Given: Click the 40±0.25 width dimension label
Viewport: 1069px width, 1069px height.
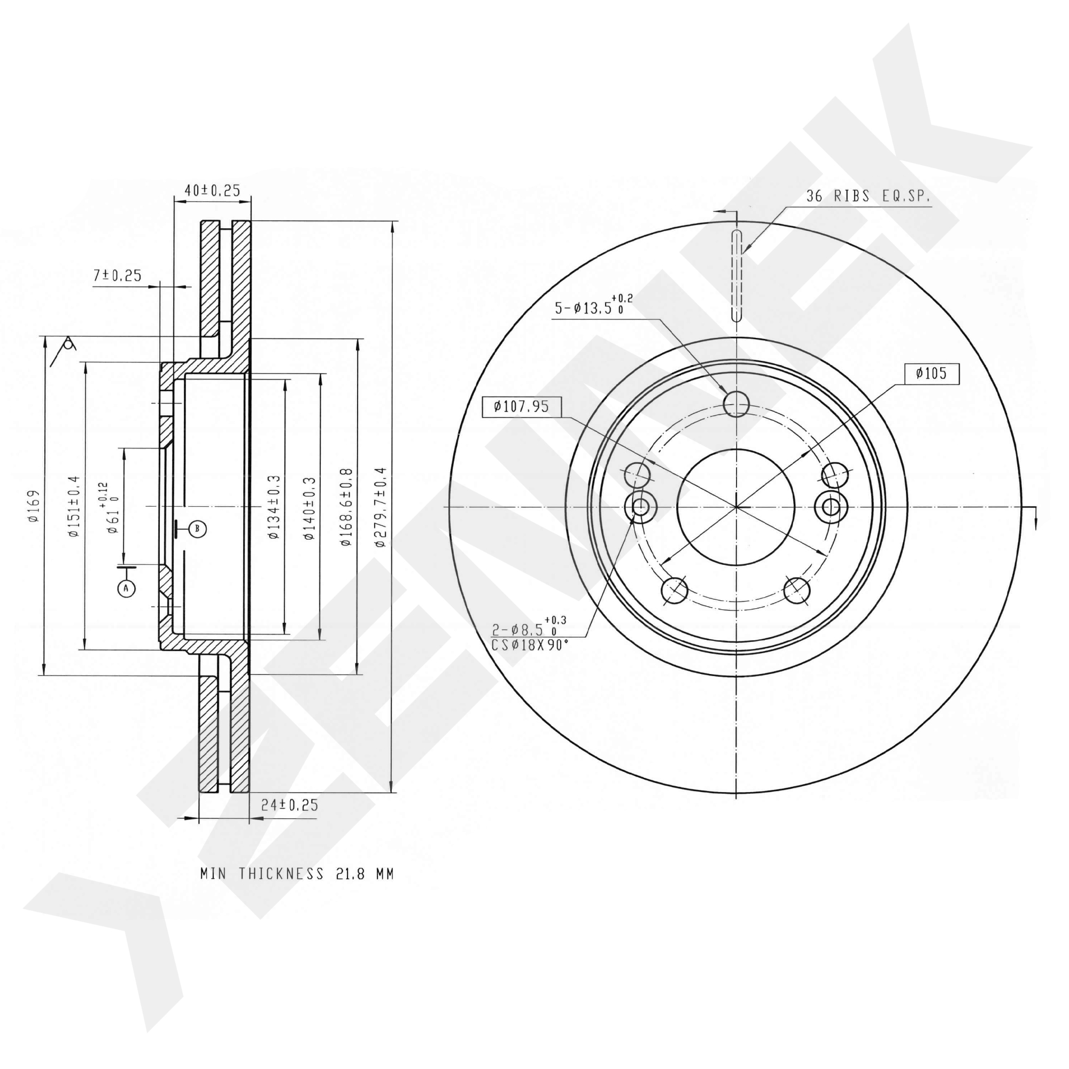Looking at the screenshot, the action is (x=213, y=190).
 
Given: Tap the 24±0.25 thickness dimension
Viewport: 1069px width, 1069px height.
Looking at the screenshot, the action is (x=289, y=805).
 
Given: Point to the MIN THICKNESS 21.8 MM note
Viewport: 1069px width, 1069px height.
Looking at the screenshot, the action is (x=297, y=874).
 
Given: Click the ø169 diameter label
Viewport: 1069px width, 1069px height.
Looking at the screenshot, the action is (x=34, y=505).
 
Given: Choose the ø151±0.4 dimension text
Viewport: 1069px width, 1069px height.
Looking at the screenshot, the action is (x=74, y=506).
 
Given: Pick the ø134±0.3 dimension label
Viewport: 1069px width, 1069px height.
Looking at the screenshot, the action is (x=274, y=506).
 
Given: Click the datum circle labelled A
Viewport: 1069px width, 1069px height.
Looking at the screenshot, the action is (x=126, y=588).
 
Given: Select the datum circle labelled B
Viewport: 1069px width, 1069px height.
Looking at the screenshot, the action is (x=198, y=529).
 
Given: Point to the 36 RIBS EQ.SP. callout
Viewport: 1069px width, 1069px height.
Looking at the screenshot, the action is (x=869, y=196).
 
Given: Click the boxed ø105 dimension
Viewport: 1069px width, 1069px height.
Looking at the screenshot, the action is (x=932, y=374).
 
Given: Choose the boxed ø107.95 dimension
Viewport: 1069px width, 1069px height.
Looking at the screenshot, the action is (x=522, y=407).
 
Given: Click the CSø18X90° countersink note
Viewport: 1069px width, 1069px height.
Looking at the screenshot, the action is (x=530, y=645).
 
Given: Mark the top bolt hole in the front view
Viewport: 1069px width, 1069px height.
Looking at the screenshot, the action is (x=737, y=404).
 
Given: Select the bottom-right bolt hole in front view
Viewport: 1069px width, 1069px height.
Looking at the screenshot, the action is (x=797, y=591).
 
